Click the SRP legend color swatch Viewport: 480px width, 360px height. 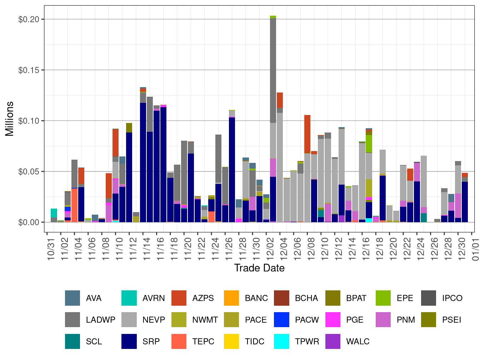tap(129, 341)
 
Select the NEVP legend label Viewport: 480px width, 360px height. tap(154, 320)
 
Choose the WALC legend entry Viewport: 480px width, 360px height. tap(357, 341)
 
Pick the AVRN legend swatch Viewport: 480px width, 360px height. tap(129, 298)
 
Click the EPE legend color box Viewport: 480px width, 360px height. tap(383, 298)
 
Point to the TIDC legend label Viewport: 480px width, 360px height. tap(254, 341)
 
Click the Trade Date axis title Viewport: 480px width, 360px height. tap(259, 268)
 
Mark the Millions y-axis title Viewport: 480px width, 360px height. tap(10, 119)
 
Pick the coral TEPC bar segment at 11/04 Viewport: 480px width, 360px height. tap(74, 205)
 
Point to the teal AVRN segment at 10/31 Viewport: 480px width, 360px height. tap(54, 213)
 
